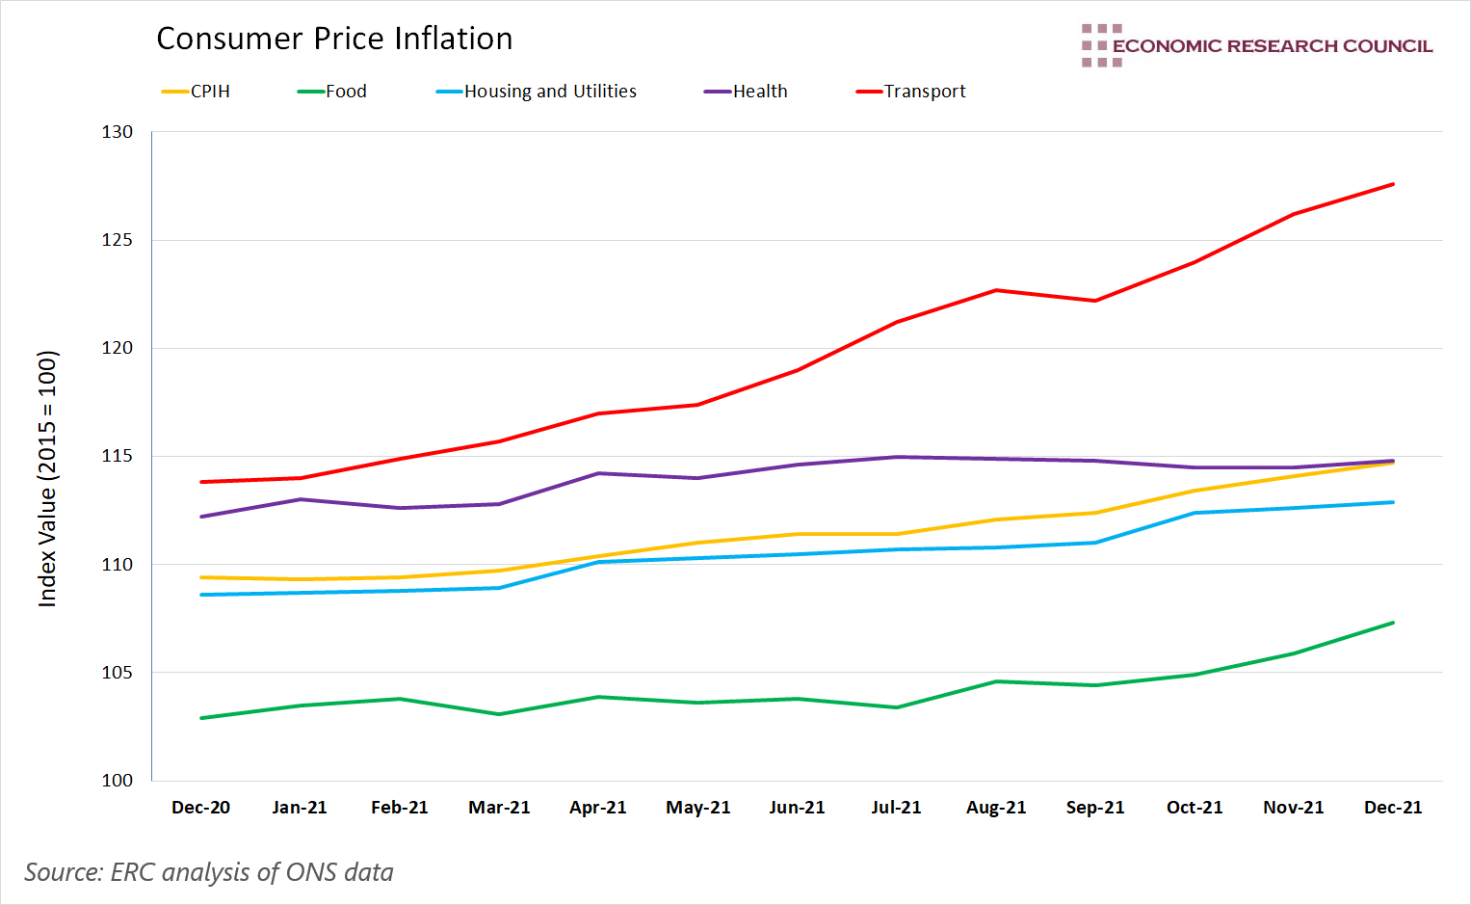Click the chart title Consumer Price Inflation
334,39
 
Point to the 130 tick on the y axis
118,132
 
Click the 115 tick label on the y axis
118,456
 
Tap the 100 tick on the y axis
118,781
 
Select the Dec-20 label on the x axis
200,808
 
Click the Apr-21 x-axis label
597,808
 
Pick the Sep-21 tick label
1095,808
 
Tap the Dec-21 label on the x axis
1393,808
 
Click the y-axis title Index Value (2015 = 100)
47,479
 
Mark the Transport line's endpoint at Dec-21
1393,184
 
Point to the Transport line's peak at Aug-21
996,290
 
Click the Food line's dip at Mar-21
499,714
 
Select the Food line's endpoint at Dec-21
1393,623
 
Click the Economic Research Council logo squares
1101,45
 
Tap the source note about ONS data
209,872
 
